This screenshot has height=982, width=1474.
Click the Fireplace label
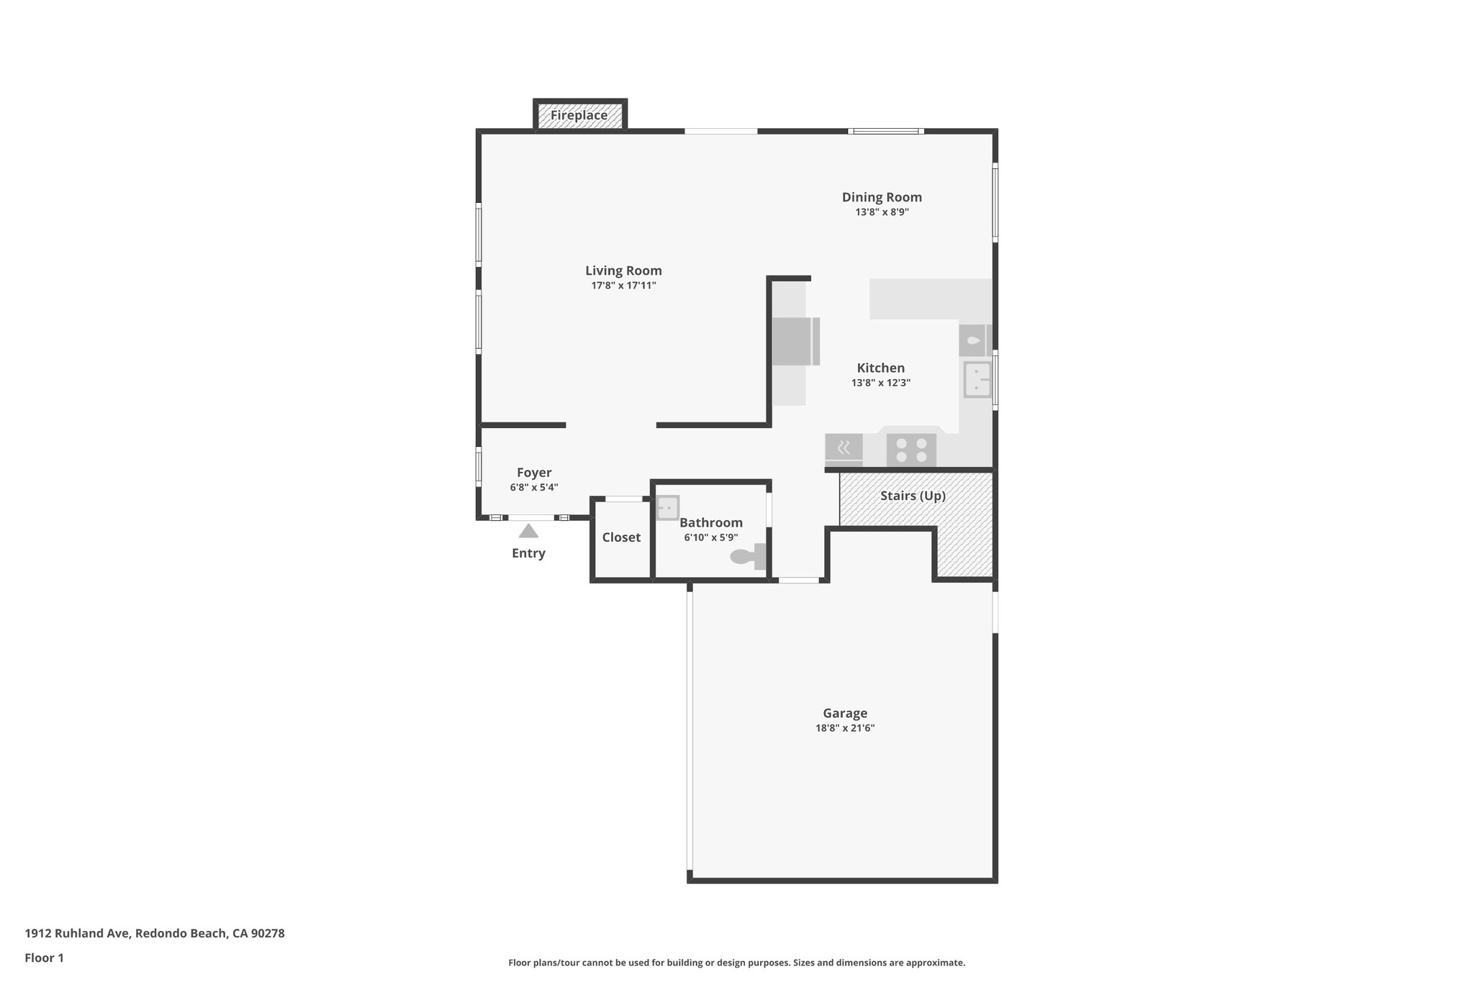[x=579, y=115]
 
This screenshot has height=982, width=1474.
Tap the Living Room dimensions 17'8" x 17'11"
[x=623, y=286]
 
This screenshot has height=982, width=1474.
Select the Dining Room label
[x=882, y=197]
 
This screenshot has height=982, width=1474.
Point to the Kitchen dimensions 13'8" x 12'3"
[x=880, y=383]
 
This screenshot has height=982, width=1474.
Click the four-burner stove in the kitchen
[x=911, y=450]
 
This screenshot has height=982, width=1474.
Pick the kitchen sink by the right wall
[x=977, y=379]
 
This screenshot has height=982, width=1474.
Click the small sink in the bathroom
[x=667, y=507]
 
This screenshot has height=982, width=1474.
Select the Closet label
[x=621, y=537]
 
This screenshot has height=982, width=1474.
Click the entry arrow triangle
[x=528, y=531]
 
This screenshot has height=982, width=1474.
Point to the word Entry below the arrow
[x=528, y=553]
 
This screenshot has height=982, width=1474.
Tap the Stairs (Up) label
[x=913, y=496]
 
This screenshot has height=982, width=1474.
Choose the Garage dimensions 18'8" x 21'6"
[x=844, y=728]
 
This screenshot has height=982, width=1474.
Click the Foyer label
[x=534, y=473]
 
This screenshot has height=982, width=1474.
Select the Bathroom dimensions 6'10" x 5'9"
[x=710, y=537]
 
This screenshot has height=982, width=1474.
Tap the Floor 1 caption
[x=44, y=958]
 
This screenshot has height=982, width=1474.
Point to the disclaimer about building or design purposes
[x=736, y=963]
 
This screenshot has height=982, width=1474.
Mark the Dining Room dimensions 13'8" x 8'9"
[x=882, y=212]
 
